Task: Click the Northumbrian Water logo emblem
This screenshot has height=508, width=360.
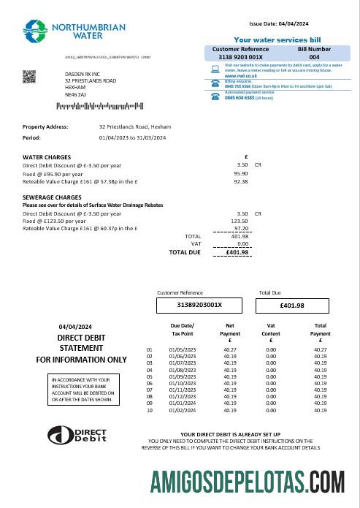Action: [x=35, y=31]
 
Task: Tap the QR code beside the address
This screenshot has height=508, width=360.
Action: [x=29, y=77]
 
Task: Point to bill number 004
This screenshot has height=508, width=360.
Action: [x=314, y=56]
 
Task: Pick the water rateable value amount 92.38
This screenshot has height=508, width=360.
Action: [x=240, y=181]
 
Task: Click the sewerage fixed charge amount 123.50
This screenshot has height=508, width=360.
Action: [x=240, y=221]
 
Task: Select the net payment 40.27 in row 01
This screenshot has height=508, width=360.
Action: [x=229, y=350]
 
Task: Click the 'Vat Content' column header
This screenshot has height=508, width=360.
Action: [x=271, y=329]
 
